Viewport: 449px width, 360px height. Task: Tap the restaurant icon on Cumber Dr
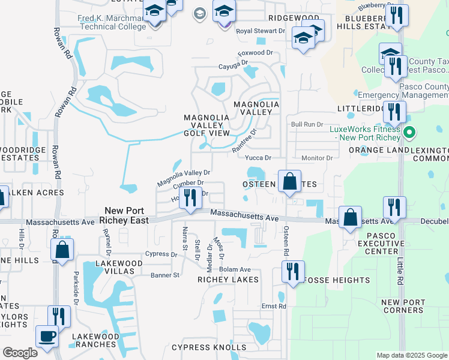pyautogui.click(x=191, y=197)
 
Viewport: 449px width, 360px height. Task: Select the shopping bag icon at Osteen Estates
pyautogui.click(x=289, y=181)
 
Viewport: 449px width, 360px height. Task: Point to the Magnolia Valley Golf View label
pyautogui.click(x=206, y=125)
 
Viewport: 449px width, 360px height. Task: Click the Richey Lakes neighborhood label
pyautogui.click(x=229, y=280)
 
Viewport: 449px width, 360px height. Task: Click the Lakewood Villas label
pyautogui.click(x=119, y=267)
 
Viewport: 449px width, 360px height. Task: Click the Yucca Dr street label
pyautogui.click(x=259, y=158)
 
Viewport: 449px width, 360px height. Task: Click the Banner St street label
pyautogui.click(x=165, y=275)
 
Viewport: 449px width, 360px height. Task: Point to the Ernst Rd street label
pyautogui.click(x=274, y=306)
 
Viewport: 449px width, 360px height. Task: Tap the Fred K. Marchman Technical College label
pyautogui.click(x=112, y=23)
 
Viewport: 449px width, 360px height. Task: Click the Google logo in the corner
pyautogui.click(x=19, y=353)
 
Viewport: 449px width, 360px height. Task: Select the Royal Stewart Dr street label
pyautogui.click(x=261, y=31)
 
